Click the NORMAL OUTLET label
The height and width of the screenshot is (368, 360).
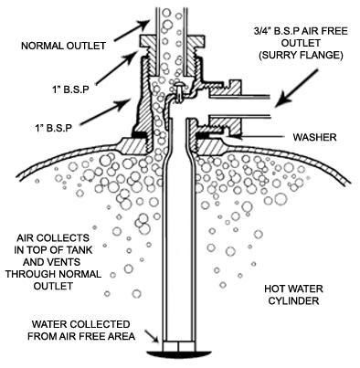[x=63, y=46]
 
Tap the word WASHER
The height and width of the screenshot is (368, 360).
[x=314, y=137]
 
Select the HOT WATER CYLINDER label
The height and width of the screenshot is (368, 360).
[x=293, y=294]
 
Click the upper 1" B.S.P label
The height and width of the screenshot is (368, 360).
[x=69, y=90]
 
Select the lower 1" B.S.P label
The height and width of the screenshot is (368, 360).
[x=53, y=128]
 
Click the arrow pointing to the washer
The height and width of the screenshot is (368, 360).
[x=258, y=137]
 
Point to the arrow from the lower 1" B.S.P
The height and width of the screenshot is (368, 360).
[x=104, y=112]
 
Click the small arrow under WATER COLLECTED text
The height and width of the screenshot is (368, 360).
[x=152, y=337]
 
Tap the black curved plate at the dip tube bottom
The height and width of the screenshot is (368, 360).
[x=179, y=353]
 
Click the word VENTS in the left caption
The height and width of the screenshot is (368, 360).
[x=65, y=262]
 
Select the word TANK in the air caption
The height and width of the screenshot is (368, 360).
[x=79, y=249]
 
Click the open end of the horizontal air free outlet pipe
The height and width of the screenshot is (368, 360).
[x=270, y=106]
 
